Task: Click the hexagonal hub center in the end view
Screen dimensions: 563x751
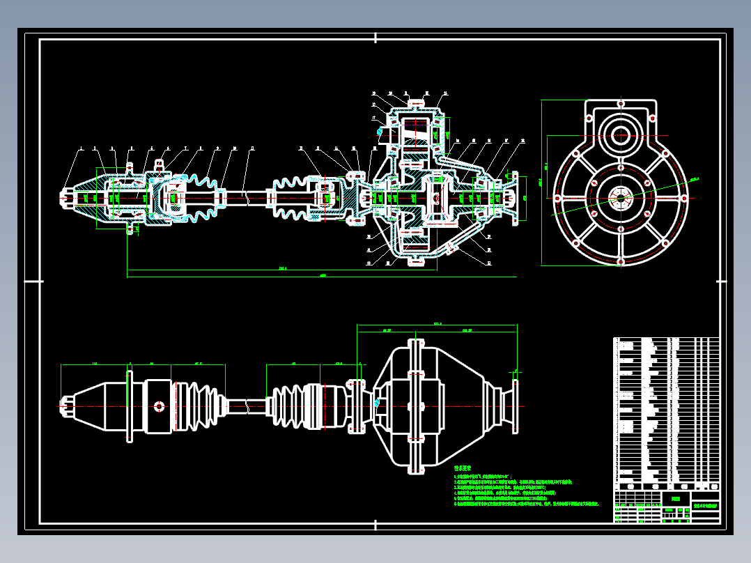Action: (619, 197)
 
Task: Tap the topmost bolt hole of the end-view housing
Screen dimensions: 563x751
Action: (619, 102)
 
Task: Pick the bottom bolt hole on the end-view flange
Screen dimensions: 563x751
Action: (619, 263)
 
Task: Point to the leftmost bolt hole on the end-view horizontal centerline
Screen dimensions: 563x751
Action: (555, 197)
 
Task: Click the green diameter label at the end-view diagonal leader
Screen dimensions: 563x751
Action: (694, 179)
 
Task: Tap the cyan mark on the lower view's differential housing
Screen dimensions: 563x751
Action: (377, 402)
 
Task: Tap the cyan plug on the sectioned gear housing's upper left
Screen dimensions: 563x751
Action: (380, 130)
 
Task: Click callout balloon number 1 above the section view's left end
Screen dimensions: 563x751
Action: (81, 148)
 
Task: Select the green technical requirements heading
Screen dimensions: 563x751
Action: (463, 469)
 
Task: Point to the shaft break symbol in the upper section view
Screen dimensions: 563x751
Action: (245, 197)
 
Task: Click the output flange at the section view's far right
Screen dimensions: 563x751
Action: (515, 197)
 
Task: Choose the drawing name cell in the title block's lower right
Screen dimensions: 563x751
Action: (705, 504)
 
